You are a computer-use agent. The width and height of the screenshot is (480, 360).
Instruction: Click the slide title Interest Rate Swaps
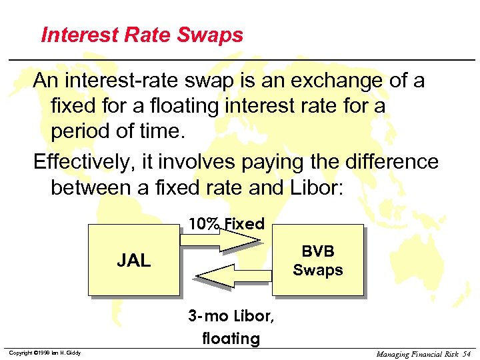coord(142,35)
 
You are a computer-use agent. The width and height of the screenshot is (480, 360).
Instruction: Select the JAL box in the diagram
coord(133,260)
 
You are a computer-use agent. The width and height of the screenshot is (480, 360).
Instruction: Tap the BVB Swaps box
coord(318,260)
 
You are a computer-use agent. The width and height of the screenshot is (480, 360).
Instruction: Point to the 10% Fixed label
coord(226,224)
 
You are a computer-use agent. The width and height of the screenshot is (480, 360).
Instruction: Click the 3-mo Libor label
coord(231,315)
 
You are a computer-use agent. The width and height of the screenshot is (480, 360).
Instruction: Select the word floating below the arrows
coord(231,338)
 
